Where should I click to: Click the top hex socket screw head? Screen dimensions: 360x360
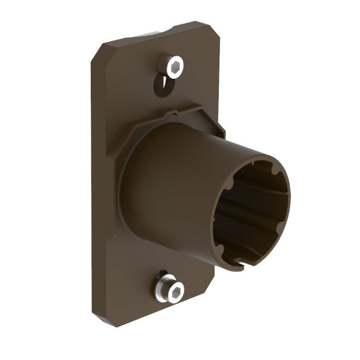point(170,65)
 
